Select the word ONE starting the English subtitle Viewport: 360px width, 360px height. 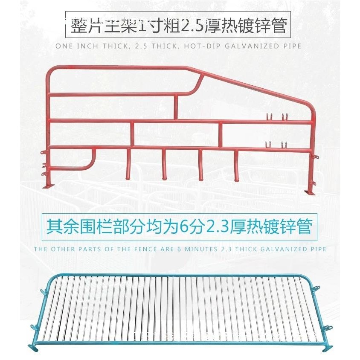click(x=64, y=46)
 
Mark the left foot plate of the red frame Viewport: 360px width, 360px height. click(x=48, y=186)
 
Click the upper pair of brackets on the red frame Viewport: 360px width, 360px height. click(x=276, y=116)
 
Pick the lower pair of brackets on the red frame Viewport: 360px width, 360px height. click(x=276, y=144)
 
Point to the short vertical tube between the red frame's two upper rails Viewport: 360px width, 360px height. click(x=175, y=107)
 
